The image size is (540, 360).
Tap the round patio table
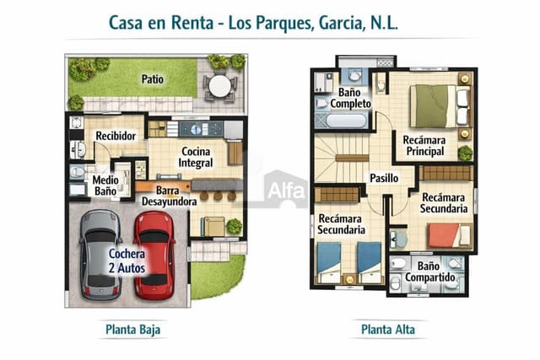coord(219,85)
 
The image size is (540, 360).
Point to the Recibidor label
coord(116,136)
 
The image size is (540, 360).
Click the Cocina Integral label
coord(195,157)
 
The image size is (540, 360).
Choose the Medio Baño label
coord(105,186)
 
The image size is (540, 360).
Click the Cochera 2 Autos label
coord(127,261)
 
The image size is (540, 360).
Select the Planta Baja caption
coord(132,329)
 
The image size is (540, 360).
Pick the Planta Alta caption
coord(388,329)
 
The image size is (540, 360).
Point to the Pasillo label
coord(385,178)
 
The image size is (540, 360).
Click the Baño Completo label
coord(350,97)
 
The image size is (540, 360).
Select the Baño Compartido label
coord(430,271)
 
